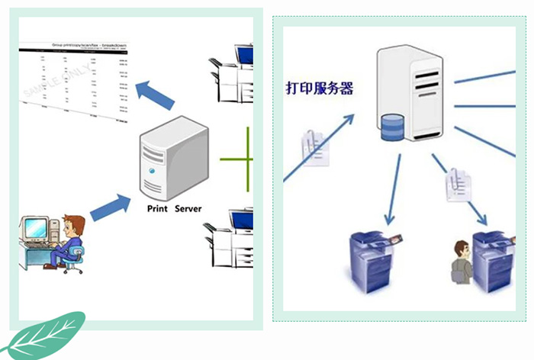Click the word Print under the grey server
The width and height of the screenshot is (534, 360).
[x=158, y=208]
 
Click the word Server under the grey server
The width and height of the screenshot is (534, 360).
[x=188, y=208]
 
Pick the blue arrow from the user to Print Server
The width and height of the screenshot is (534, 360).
[x=111, y=207]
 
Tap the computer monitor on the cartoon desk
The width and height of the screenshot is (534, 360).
[x=34, y=228]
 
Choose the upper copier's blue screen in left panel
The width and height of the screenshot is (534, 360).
[x=243, y=56]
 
